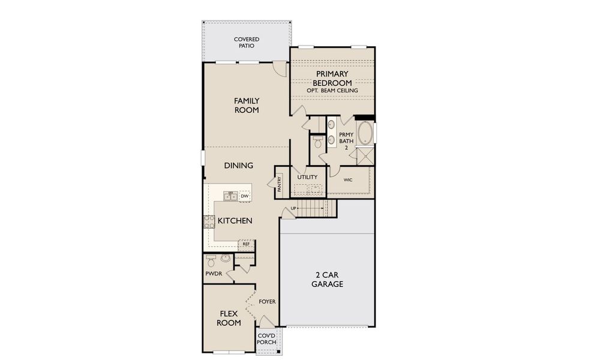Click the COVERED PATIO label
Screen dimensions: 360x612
tap(247, 43)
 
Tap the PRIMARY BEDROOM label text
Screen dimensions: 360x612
tap(332, 79)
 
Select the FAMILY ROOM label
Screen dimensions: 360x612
tap(247, 106)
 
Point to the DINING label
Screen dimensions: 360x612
tap(239, 166)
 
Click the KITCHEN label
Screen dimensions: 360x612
tap(235, 221)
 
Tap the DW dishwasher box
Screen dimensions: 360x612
tap(244, 196)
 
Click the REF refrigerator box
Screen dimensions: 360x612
tap(246, 244)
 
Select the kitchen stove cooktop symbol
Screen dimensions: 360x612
tap(209, 221)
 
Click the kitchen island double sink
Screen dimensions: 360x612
tap(230, 196)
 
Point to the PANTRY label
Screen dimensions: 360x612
tap(280, 184)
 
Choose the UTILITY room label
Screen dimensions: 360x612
tap(307, 177)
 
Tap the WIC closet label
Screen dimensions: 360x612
tap(348, 180)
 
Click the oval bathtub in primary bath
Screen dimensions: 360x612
tap(365, 133)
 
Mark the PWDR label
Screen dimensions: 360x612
tap(214, 274)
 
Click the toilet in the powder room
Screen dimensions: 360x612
tap(211, 262)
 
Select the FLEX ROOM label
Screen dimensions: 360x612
tap(230, 318)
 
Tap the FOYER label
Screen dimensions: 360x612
tap(267, 302)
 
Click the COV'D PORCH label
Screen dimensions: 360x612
tap(266, 339)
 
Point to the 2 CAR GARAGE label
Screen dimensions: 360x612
tap(327, 280)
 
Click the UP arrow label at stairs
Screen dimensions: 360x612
tap(293, 208)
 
